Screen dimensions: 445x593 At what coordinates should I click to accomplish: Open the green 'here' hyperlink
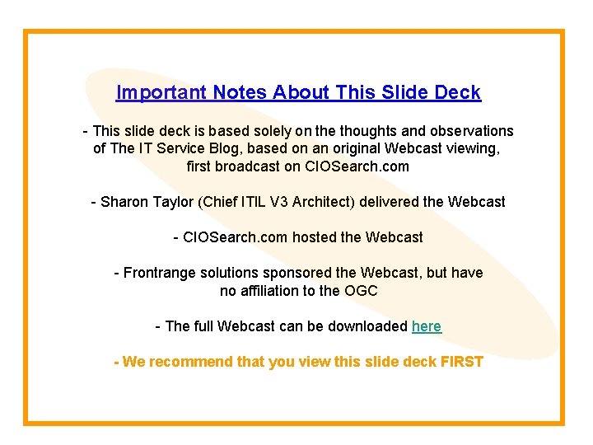426,326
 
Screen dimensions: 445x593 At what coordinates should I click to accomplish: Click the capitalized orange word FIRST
462,362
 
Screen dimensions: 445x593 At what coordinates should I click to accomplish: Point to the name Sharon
124,202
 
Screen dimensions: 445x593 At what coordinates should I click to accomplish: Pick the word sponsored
295,273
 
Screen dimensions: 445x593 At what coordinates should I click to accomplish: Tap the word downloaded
367,326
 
